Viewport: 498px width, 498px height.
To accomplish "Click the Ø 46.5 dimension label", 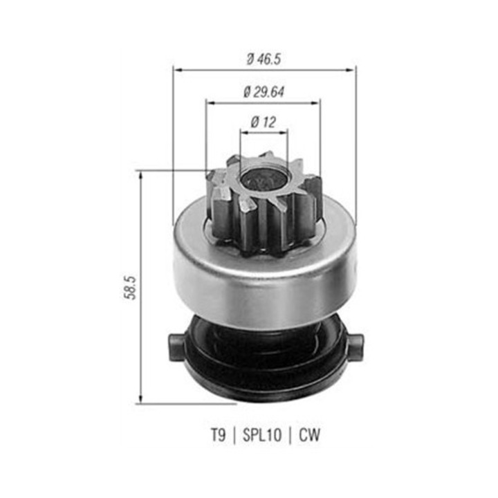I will (x=264, y=59).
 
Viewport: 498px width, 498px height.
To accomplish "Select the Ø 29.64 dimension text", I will (x=264, y=91).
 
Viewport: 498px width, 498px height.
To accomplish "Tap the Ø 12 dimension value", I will (x=264, y=122).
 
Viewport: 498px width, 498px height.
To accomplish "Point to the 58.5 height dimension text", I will (x=129, y=286).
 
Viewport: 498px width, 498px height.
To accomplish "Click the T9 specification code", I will (x=218, y=436).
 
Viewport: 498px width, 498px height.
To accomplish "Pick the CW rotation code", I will (x=311, y=436).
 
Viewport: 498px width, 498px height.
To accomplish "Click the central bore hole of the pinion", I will (x=264, y=178).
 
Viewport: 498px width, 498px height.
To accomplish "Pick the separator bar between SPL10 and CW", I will (x=292, y=436).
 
